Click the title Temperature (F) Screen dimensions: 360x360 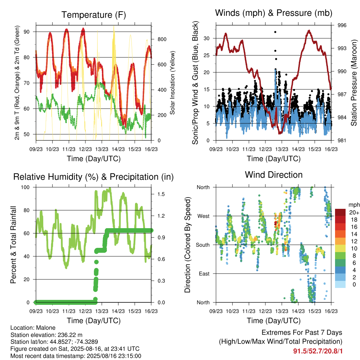(x=94, y=15)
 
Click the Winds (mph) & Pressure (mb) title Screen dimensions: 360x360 (x=274, y=13)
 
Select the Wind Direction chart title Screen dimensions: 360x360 (x=274, y=175)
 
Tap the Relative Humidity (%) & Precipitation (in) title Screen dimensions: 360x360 (x=94, y=177)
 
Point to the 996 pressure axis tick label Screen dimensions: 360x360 (x=342, y=25)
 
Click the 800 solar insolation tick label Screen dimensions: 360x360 (x=162, y=39)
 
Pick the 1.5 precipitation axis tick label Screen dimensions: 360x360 (x=161, y=194)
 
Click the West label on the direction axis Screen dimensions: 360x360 (x=204, y=216)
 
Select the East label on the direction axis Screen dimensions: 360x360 (x=204, y=274)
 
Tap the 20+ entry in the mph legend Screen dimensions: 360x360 (x=354, y=213)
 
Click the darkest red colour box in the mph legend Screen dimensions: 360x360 (x=340, y=212)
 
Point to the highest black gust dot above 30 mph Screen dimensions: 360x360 (x=275, y=32)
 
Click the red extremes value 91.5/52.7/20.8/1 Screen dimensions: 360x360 (x=318, y=351)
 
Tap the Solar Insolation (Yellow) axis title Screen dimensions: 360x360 (x=172, y=83)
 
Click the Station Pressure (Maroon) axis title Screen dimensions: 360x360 (x=354, y=83)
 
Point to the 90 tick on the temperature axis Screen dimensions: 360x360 (x=27, y=32)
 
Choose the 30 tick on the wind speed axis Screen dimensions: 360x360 (x=207, y=38)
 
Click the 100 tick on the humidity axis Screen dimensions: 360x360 (x=25, y=187)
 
